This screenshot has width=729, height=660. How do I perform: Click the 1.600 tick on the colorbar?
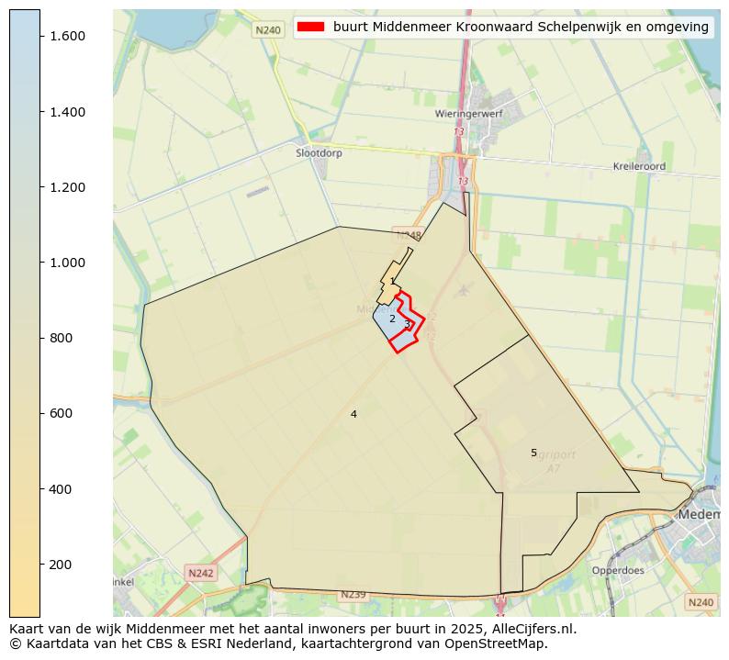(x=40, y=36)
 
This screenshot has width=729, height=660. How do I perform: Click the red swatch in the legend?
(x=311, y=27)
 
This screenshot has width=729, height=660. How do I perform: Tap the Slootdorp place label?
(x=319, y=153)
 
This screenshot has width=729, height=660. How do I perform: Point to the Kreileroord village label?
(x=639, y=167)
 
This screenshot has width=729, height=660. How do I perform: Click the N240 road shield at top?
(x=268, y=30)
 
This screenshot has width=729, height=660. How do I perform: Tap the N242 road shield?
(x=200, y=573)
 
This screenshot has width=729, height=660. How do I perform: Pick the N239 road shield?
(x=353, y=595)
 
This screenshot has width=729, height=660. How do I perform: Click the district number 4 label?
(x=353, y=414)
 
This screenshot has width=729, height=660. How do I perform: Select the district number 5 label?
(x=533, y=453)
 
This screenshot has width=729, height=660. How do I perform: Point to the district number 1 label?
(x=393, y=282)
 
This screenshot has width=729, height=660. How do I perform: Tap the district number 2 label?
(x=392, y=319)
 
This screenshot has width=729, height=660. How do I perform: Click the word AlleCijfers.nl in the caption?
(x=531, y=629)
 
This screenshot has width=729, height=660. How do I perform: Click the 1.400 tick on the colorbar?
(x=40, y=112)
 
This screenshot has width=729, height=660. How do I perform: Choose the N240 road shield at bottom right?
(x=701, y=602)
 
